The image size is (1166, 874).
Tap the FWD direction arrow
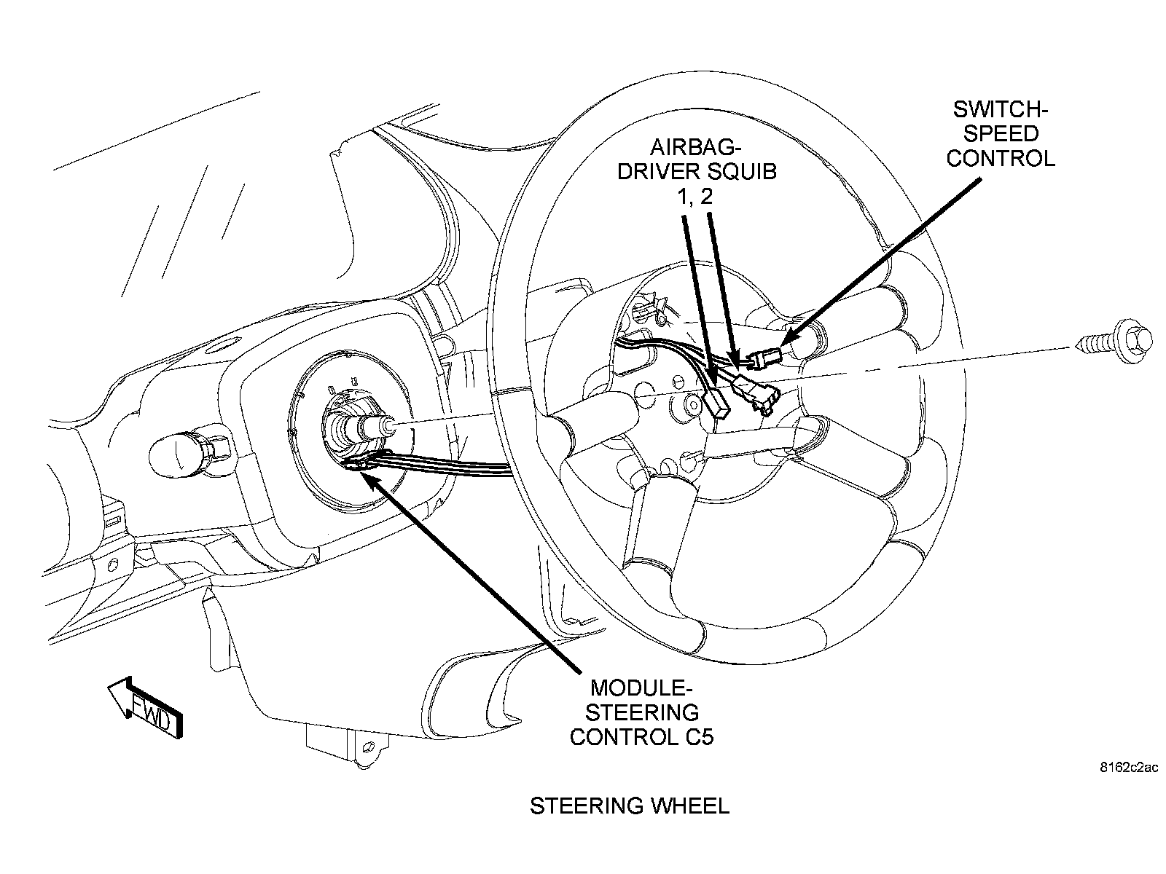[x=146, y=706]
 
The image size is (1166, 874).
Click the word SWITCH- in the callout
[x=1000, y=110]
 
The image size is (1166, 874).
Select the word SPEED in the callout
[x=1000, y=134]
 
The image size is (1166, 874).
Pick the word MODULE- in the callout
[x=641, y=688]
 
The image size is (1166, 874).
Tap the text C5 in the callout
[x=699, y=736]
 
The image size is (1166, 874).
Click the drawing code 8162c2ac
[x=1129, y=768]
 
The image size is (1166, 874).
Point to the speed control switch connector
[x=765, y=358]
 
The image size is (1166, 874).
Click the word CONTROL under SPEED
[x=1000, y=158]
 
